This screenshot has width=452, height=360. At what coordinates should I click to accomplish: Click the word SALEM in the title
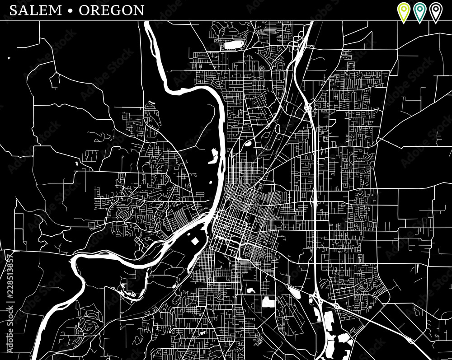pyautogui.click(x=35, y=10)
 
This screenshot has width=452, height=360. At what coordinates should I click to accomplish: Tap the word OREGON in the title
pyautogui.click(x=112, y=10)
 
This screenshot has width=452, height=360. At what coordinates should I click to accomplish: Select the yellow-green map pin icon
pyautogui.click(x=403, y=11)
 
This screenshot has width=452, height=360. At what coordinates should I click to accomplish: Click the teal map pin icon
pyautogui.click(x=419, y=11)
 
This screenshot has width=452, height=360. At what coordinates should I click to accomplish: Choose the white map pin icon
pyautogui.click(x=436, y=11)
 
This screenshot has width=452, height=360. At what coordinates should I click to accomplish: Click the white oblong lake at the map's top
pyautogui.click(x=232, y=44)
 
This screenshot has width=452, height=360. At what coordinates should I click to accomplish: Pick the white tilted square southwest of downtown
pyautogui.click(x=195, y=241)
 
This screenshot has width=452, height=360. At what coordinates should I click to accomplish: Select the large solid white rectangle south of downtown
pyautogui.click(x=268, y=302)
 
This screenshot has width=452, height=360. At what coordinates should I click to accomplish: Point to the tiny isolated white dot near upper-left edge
pyautogui.click(x=9, y=58)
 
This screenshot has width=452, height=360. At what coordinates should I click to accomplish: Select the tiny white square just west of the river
pyautogui.click(x=210, y=182)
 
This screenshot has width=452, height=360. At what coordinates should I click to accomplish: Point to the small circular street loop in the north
pyautogui.click(x=262, y=68)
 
